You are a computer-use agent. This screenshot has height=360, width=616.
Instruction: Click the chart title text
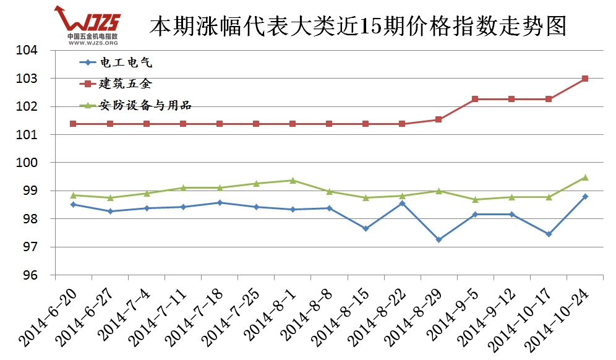coord(358,26)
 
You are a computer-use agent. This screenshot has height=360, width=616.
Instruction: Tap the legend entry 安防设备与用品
coord(145,105)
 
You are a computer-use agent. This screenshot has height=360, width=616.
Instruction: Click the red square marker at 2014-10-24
coord(584,79)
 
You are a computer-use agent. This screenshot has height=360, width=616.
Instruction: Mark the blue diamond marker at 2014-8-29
coord(438,239)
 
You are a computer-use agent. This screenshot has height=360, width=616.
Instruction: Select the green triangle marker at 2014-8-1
coord(293,180)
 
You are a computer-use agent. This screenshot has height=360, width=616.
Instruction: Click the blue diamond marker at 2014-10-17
coord(548,234)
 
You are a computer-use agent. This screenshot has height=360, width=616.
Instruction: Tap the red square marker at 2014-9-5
coord(475,99)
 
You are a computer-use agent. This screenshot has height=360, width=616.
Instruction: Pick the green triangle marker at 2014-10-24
coord(584,178)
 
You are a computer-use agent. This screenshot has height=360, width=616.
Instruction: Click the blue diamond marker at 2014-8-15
coord(366,228)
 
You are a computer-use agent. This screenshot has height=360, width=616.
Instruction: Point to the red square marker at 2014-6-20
coord(73,124)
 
